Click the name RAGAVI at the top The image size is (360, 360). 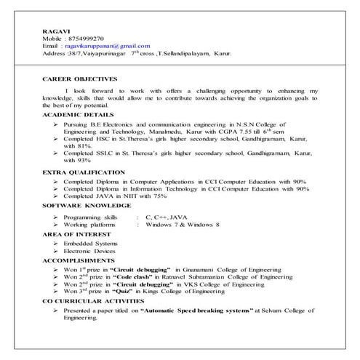[x=52, y=29]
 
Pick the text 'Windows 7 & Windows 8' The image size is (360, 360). [x=183, y=225]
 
